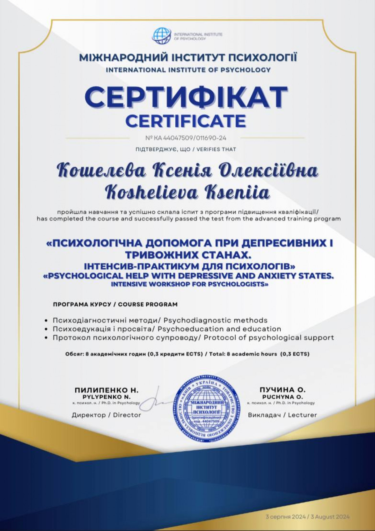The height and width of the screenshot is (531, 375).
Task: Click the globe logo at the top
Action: point(162,36)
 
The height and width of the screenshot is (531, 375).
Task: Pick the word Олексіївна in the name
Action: point(268,171)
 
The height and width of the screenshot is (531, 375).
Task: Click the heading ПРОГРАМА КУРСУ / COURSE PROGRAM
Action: point(115,304)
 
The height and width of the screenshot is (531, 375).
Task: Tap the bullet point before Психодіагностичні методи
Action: point(46,321)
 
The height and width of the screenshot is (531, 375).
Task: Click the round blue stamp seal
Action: point(207,409)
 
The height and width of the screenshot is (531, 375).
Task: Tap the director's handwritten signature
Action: point(155,401)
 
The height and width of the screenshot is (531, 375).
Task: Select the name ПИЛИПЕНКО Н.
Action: point(107,390)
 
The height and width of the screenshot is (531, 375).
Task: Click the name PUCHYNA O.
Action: point(282,397)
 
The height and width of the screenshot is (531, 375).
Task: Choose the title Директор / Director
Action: point(107,415)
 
